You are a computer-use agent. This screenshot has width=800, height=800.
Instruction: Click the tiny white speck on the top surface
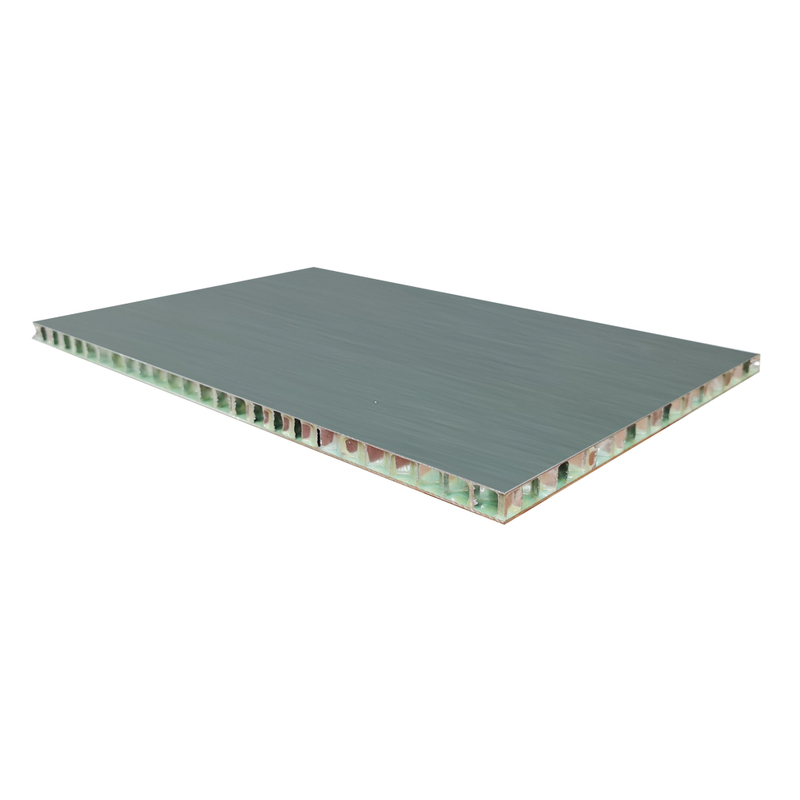pos(375,403)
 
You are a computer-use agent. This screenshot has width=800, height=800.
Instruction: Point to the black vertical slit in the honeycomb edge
pos(318,436)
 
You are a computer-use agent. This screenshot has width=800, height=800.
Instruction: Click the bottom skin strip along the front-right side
pos(640,445)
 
